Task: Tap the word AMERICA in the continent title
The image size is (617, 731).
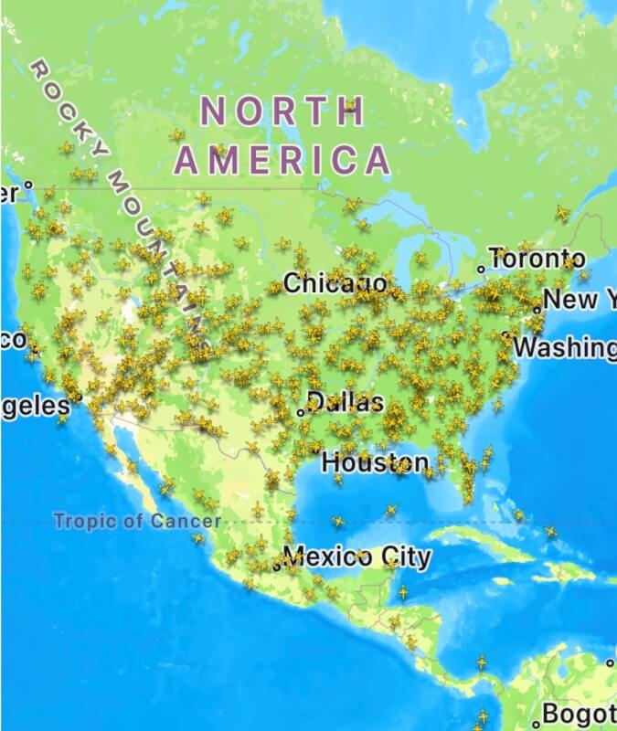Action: pos(282,160)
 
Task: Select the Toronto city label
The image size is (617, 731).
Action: pos(537,259)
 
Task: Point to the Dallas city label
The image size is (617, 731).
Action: pos(346,402)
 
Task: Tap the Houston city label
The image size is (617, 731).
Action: pos(375,462)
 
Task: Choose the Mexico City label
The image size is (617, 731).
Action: pos(356,556)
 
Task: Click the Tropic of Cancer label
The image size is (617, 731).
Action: pos(137,522)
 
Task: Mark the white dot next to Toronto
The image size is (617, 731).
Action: pos(482,270)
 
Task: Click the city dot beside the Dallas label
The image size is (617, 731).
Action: pos(301,412)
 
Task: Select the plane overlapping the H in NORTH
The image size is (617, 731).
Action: pos(350,109)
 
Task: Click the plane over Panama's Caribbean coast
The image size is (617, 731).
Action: pos(482,661)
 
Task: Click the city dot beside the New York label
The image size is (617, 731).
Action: pos(537,309)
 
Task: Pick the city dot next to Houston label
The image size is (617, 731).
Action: pos(316,450)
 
